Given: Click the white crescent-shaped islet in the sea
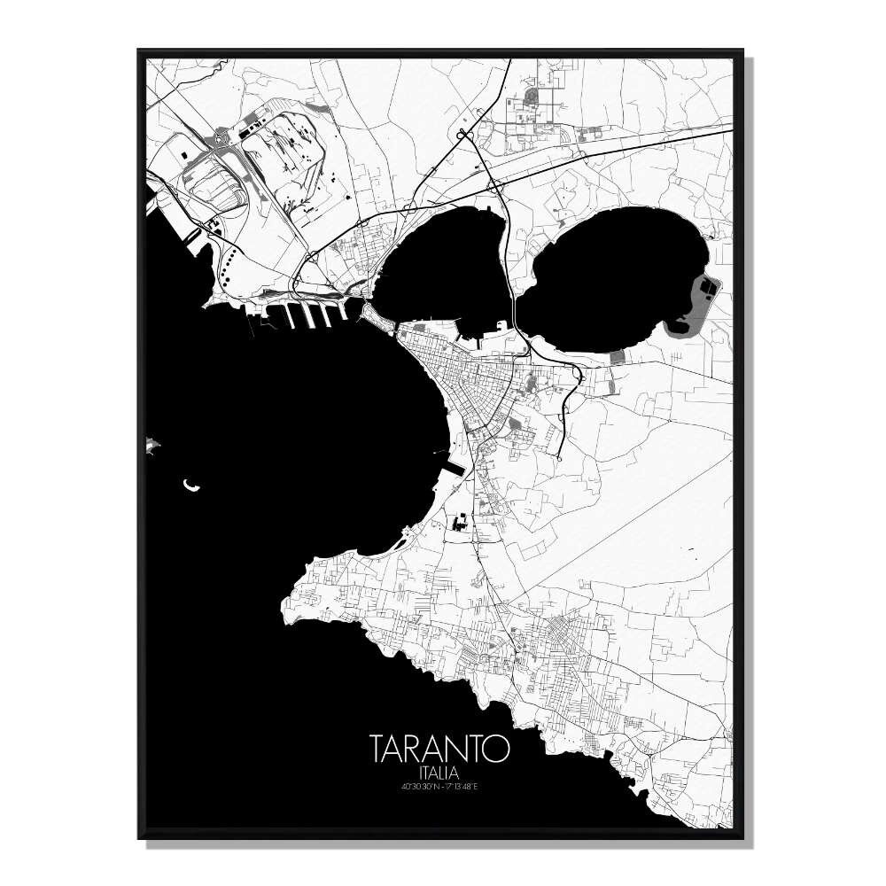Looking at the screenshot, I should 190,485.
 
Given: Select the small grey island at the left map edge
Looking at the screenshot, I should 152,444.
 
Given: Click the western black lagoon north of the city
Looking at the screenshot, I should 443,266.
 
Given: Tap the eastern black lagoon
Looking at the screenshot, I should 611,275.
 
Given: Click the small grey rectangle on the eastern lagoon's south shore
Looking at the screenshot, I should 617,357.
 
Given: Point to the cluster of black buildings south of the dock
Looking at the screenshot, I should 460,523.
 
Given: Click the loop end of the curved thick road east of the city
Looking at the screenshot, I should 561,458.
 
